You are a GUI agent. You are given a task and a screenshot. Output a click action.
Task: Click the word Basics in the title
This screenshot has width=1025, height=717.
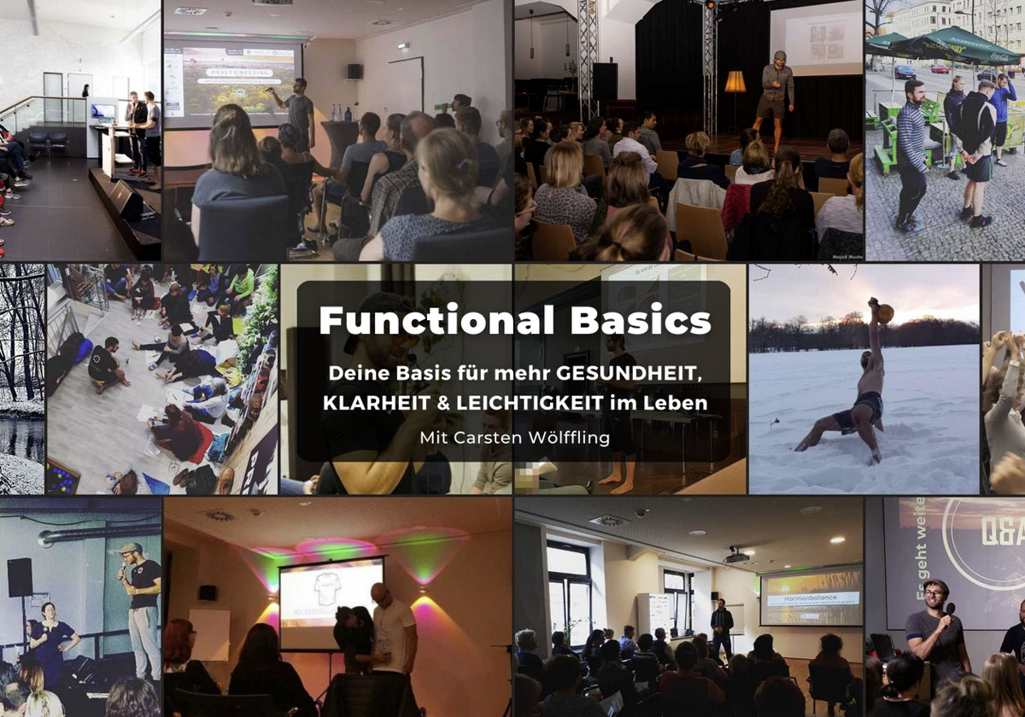627,320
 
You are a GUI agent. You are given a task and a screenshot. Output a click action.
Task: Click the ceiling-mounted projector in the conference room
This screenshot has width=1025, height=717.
736,557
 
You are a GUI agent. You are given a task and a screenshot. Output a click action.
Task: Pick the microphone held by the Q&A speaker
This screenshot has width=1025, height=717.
948,610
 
